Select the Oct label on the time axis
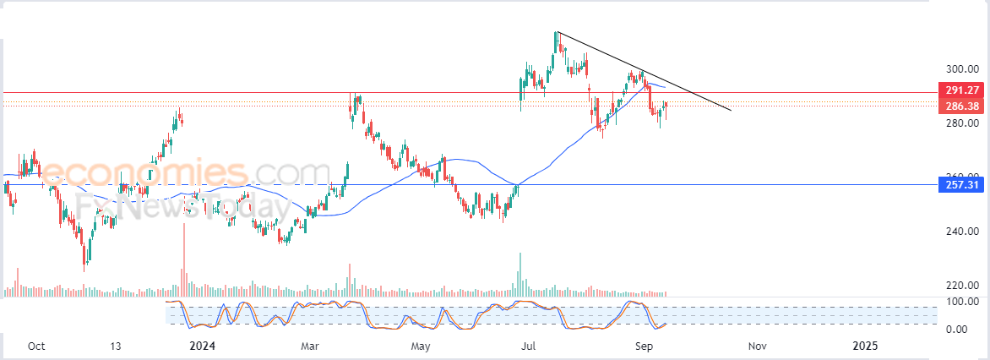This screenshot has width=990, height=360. (36, 346)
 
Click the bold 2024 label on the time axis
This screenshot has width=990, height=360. (202, 346)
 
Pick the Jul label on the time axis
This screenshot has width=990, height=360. (530, 346)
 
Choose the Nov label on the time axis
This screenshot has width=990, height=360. (757, 346)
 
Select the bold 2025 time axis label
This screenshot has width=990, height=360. (865, 346)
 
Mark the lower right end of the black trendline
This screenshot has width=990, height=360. (731, 110)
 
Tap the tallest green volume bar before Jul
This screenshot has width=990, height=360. (520, 275)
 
